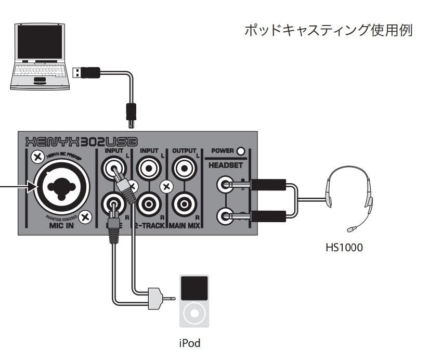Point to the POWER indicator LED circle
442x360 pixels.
coord(240,152)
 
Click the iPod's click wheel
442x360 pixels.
coord(194,314)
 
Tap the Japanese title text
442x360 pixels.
coord(328,30)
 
